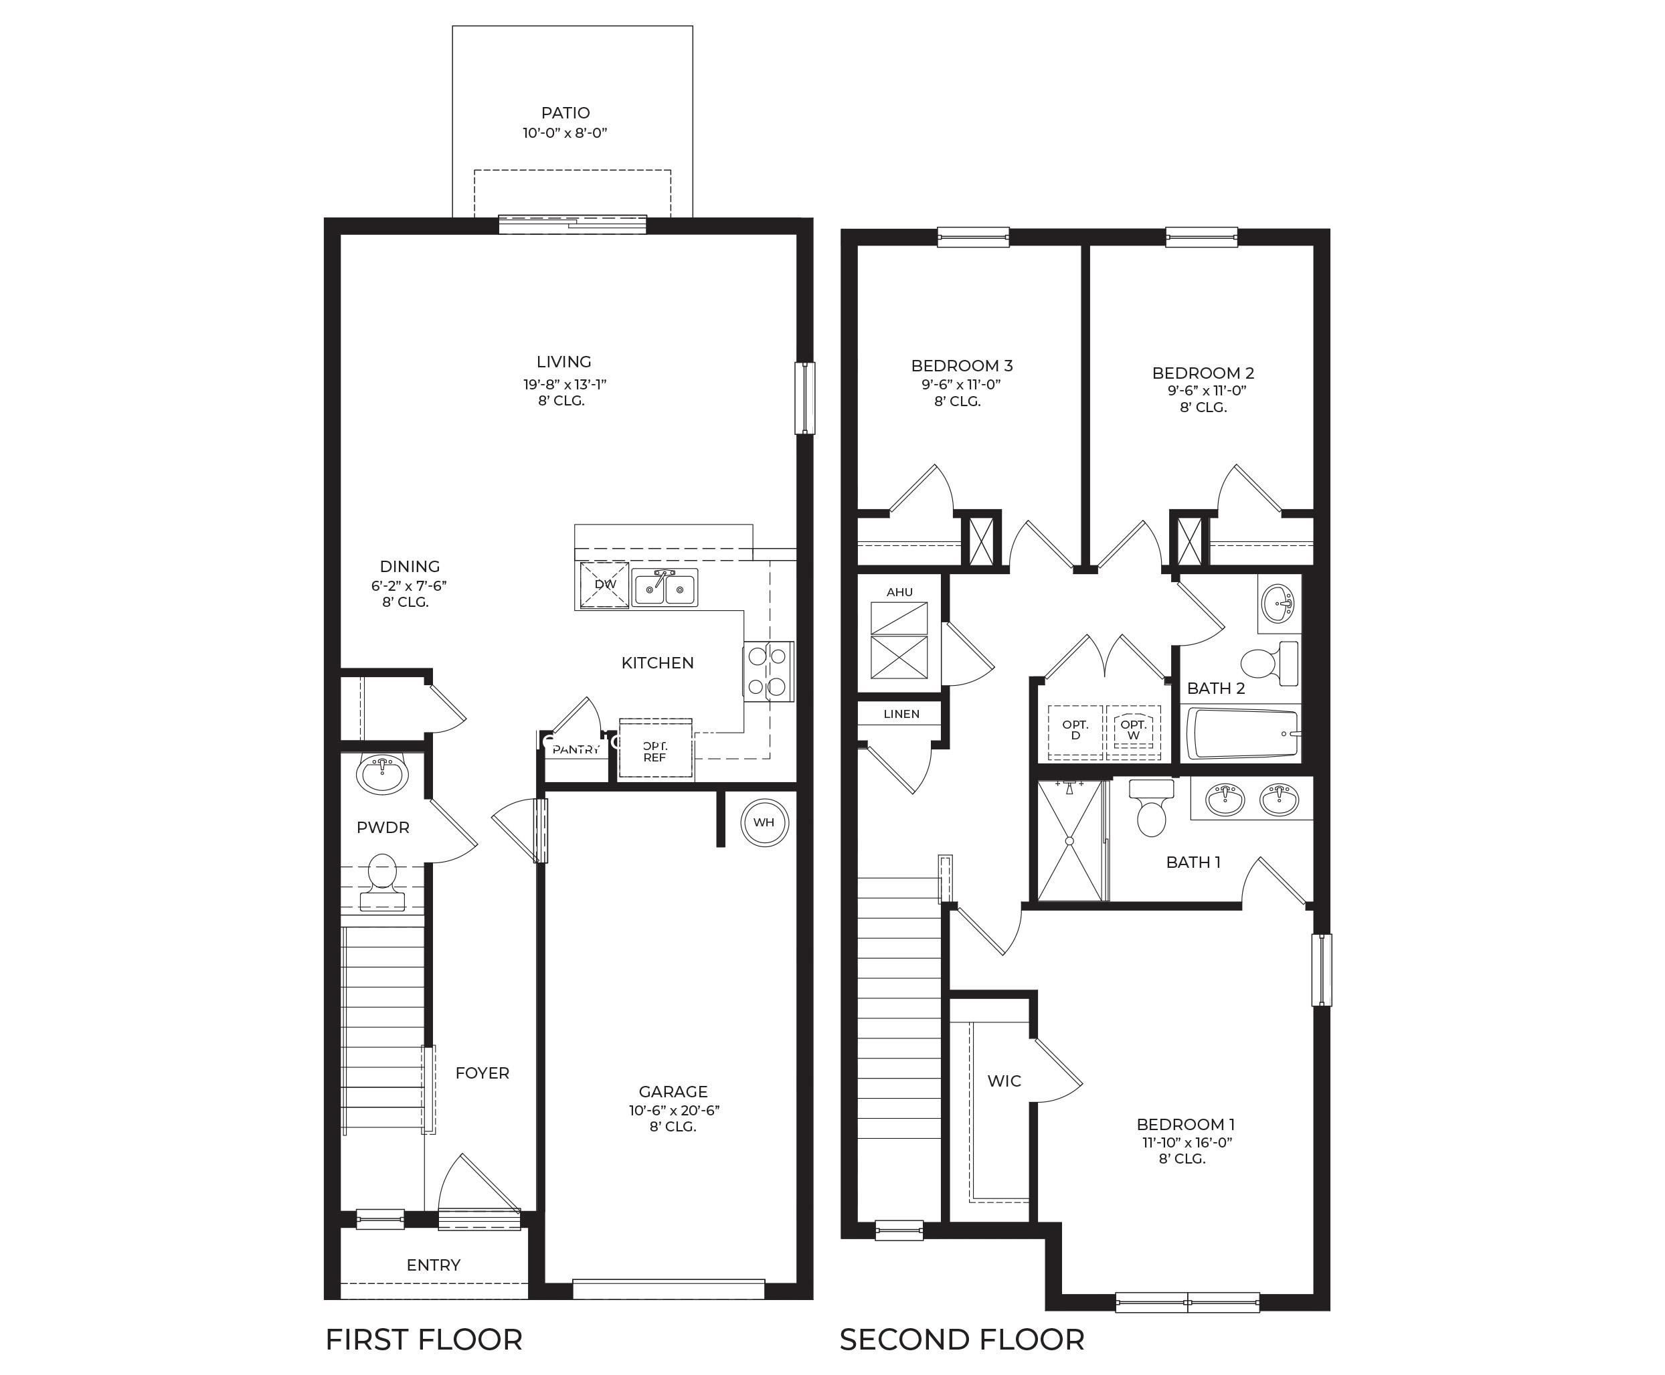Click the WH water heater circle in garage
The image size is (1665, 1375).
pos(764,822)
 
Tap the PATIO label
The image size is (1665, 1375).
pos(565,113)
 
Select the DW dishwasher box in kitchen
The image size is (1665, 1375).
pos(604,585)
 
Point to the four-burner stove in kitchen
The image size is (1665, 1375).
pos(768,671)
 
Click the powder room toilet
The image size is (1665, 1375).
pos(383,880)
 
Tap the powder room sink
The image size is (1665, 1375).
pos(383,773)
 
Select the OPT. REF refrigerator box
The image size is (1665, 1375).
pos(655,751)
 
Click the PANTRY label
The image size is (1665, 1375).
pos(576,749)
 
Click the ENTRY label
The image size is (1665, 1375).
pos(433,1265)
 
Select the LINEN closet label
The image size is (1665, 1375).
pos(901,714)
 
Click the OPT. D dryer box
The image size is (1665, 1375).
pos(1075,730)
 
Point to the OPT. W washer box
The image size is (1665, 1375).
pos(1134,730)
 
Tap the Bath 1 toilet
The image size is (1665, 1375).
pos(1151,808)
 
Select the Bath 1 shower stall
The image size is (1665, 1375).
pos(1069,841)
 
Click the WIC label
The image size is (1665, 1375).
pos(1004,1081)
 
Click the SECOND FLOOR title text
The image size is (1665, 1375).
pos(962,1340)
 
